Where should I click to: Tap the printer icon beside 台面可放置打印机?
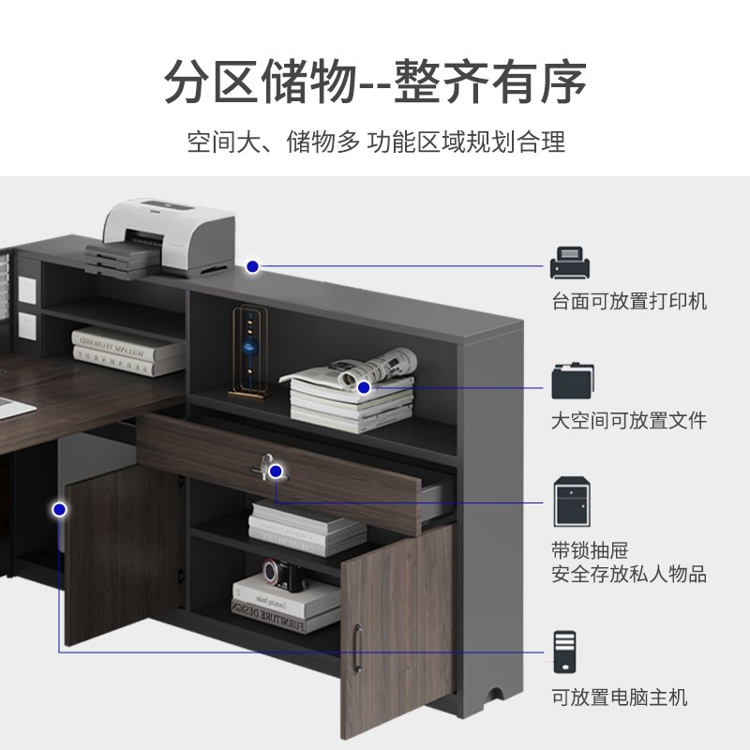(x=571, y=263)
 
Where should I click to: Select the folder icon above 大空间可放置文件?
(x=571, y=381)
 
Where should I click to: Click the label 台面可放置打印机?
(x=628, y=301)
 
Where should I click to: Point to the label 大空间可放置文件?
(x=628, y=420)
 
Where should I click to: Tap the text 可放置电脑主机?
(x=619, y=697)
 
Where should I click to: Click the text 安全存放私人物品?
(x=628, y=573)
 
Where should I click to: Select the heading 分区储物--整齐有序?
(x=375, y=82)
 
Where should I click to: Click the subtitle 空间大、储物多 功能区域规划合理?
(x=375, y=142)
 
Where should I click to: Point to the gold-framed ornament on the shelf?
(x=249, y=345)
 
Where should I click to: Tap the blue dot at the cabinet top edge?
(x=252, y=267)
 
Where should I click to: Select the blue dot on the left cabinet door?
(x=60, y=509)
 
